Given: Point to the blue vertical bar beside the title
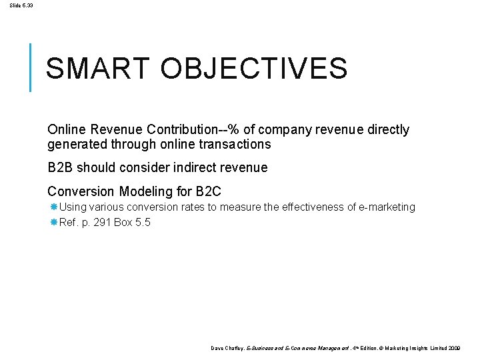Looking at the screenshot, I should (31, 67).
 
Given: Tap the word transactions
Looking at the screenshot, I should (231, 144).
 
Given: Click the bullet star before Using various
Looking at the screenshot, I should (53, 207).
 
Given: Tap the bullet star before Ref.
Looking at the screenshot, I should (53, 223).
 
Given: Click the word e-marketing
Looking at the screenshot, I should (388, 207).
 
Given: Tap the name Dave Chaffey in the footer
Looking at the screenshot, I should (227, 349).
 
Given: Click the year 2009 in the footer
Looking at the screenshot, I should (454, 349).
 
